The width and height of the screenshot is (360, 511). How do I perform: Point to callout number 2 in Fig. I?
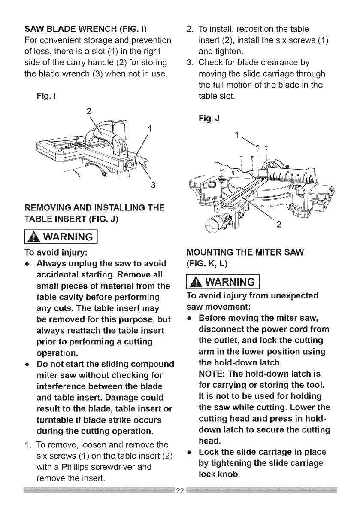click(x=89, y=111)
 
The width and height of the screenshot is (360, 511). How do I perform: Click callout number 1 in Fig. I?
click(x=150, y=128)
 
